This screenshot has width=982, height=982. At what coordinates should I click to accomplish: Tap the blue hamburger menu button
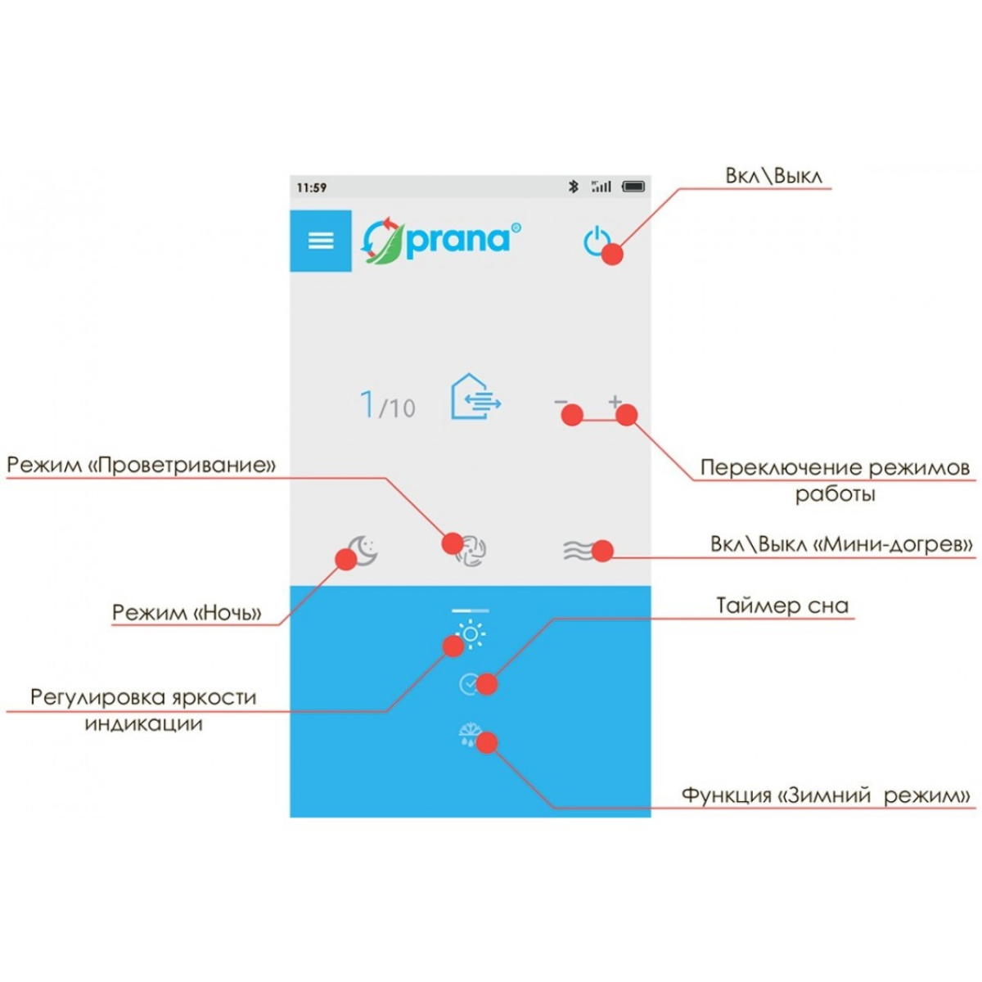[321, 241]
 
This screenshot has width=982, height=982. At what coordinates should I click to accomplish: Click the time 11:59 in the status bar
[311, 187]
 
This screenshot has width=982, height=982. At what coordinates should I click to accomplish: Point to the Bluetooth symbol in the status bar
[574, 187]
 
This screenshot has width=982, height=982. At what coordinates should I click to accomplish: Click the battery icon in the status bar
[633, 187]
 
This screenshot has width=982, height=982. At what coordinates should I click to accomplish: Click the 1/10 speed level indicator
[388, 405]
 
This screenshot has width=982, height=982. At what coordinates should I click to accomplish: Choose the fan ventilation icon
[471, 551]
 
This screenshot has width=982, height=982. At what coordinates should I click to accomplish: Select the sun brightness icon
[471, 634]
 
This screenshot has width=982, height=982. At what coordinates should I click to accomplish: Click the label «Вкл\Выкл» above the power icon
[773, 176]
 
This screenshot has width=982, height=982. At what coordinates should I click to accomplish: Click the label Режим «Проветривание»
[141, 465]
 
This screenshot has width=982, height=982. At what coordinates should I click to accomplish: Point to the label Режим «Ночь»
[187, 612]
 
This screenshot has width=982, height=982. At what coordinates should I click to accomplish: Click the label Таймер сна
[783, 606]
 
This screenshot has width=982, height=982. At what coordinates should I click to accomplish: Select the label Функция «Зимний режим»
[826, 795]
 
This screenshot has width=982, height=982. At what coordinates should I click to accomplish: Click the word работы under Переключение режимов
[836, 494]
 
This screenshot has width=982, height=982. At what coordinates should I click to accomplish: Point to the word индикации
[144, 724]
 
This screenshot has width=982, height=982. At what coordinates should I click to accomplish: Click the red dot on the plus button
[627, 416]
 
